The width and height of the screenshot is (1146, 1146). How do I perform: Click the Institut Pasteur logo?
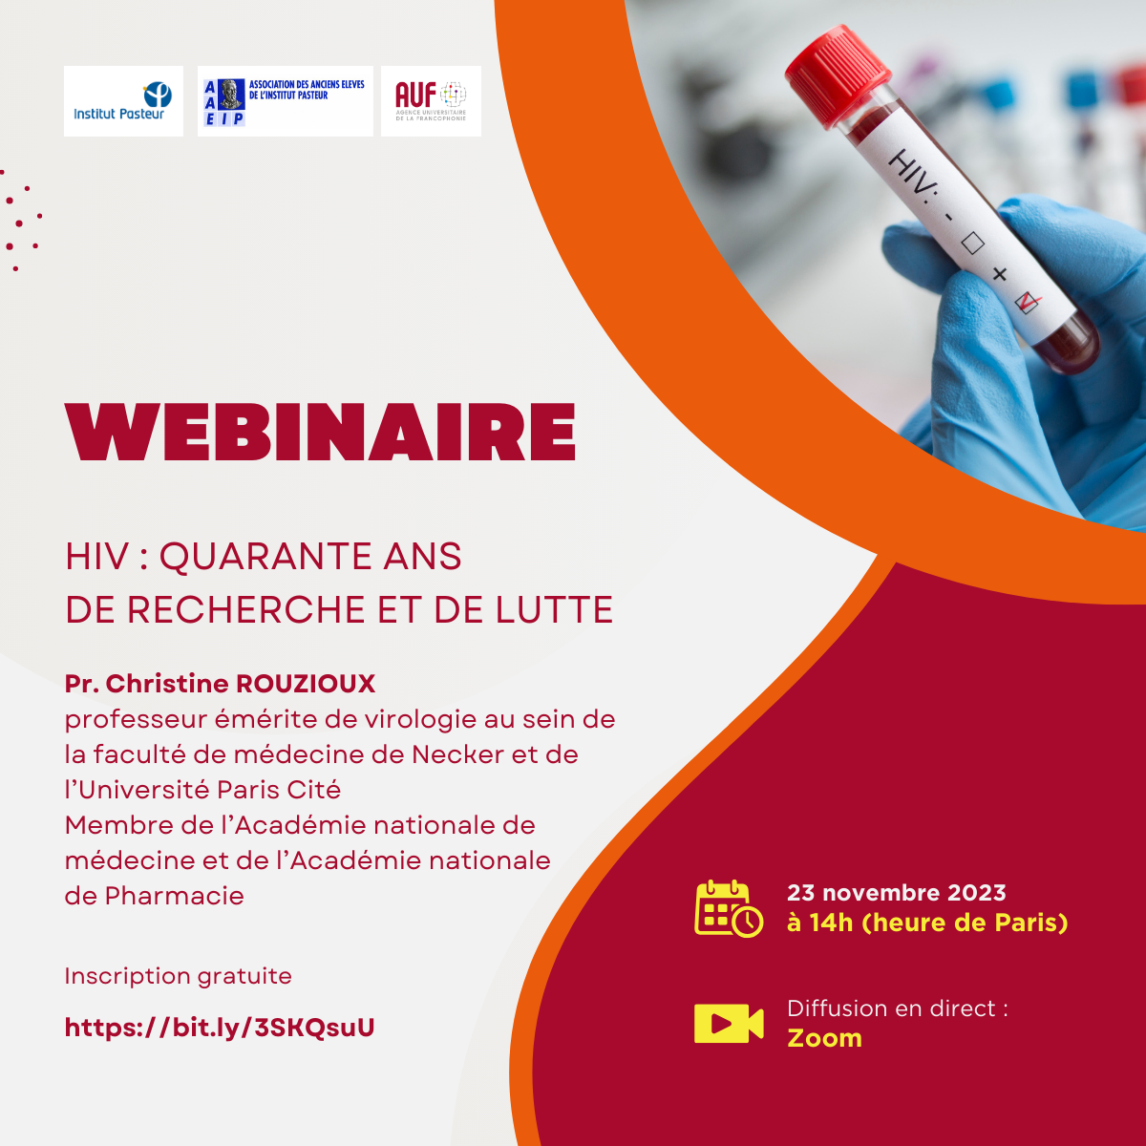[x=123, y=101]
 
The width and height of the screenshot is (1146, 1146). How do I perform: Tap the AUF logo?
[x=431, y=101]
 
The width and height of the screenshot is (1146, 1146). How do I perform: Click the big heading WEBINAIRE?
[x=321, y=432]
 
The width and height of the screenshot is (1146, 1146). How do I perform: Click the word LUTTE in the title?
[x=554, y=609]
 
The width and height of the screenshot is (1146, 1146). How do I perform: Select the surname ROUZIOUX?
[x=306, y=684]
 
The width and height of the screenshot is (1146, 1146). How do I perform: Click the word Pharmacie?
[x=174, y=896]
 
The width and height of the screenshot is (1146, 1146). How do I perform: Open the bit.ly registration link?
[x=220, y=1028]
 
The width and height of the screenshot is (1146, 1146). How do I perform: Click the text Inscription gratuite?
[x=179, y=976]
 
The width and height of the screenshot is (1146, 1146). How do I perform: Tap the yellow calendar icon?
[x=729, y=909]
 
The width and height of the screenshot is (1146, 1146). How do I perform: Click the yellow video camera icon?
[x=729, y=1024]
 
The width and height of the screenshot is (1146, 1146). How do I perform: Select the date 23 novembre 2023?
[x=897, y=893]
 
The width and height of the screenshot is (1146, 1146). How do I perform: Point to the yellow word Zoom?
[x=824, y=1038]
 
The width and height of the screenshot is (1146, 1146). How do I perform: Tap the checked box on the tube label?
[x=1027, y=303]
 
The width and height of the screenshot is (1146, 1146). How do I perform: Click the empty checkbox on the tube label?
[x=972, y=243]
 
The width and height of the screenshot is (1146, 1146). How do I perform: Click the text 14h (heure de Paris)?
[x=939, y=923]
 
